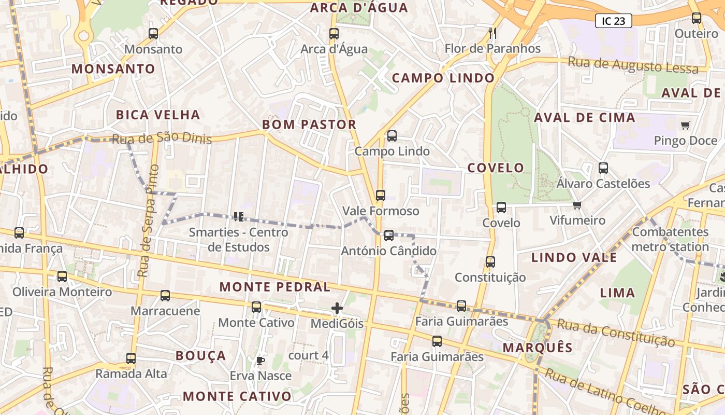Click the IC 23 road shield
(613, 21)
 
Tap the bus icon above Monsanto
(153, 34)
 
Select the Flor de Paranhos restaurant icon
(492, 33)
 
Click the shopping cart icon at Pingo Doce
(686, 125)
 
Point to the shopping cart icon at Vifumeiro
(577, 205)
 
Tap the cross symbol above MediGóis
(337, 308)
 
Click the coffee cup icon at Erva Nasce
(260, 360)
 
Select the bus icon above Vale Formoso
(381, 196)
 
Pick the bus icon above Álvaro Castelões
(603, 168)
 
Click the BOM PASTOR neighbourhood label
(309, 125)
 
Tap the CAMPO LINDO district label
(443, 78)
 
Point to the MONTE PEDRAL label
(274, 287)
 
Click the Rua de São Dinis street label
(162, 139)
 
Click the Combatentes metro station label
(670, 239)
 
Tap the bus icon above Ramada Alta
(131, 358)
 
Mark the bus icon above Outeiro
(697, 18)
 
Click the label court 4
(308, 355)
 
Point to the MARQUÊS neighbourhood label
(538, 348)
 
